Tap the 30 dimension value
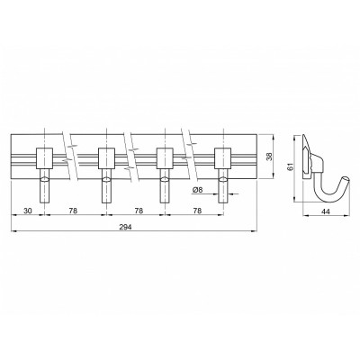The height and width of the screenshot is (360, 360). pyautogui.click(x=28, y=211)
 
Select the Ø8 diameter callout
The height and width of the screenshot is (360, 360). pyautogui.click(x=198, y=190)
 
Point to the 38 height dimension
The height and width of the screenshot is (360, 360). pyautogui.click(x=269, y=157)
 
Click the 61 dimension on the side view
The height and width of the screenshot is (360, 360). pyautogui.click(x=290, y=167)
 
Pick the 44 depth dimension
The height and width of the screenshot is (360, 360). pyautogui.click(x=326, y=211)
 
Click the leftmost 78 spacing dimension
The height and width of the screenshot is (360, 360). pyautogui.click(x=73, y=211)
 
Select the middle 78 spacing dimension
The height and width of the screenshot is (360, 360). pyautogui.click(x=139, y=211)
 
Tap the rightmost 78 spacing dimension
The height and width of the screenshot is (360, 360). pyautogui.click(x=197, y=211)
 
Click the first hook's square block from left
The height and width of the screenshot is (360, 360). pyautogui.click(x=45, y=158)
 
